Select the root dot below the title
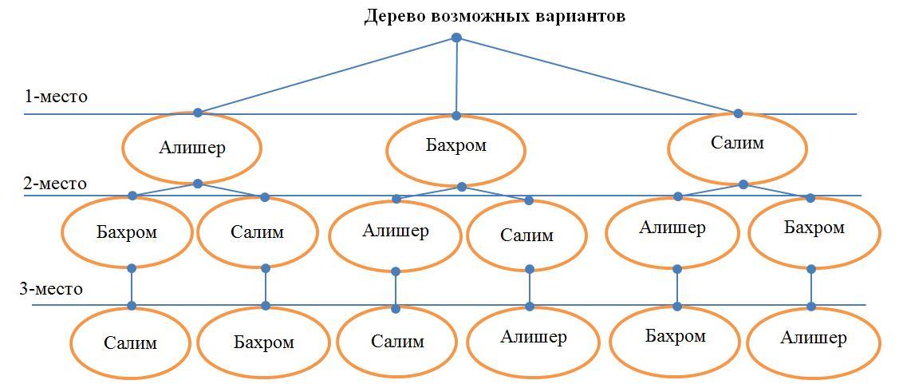pos(456,38)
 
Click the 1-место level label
pos(56,97)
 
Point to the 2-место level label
pos(54,184)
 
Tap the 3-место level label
pos(51,289)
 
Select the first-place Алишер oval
pos(191,148)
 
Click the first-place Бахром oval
pos(455,147)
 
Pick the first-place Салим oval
pos(737,144)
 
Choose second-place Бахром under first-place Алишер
pos(127,232)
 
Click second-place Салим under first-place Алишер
pos(257,232)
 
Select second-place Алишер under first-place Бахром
pos(395,232)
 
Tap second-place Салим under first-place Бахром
pos(526,236)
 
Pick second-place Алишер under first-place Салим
pos(672,228)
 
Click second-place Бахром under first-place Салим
pos(814,228)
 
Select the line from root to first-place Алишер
pos(327,75)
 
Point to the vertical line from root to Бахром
pos(456,77)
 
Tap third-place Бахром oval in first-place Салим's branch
pos(675,337)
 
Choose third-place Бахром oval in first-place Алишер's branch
pos(263,342)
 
